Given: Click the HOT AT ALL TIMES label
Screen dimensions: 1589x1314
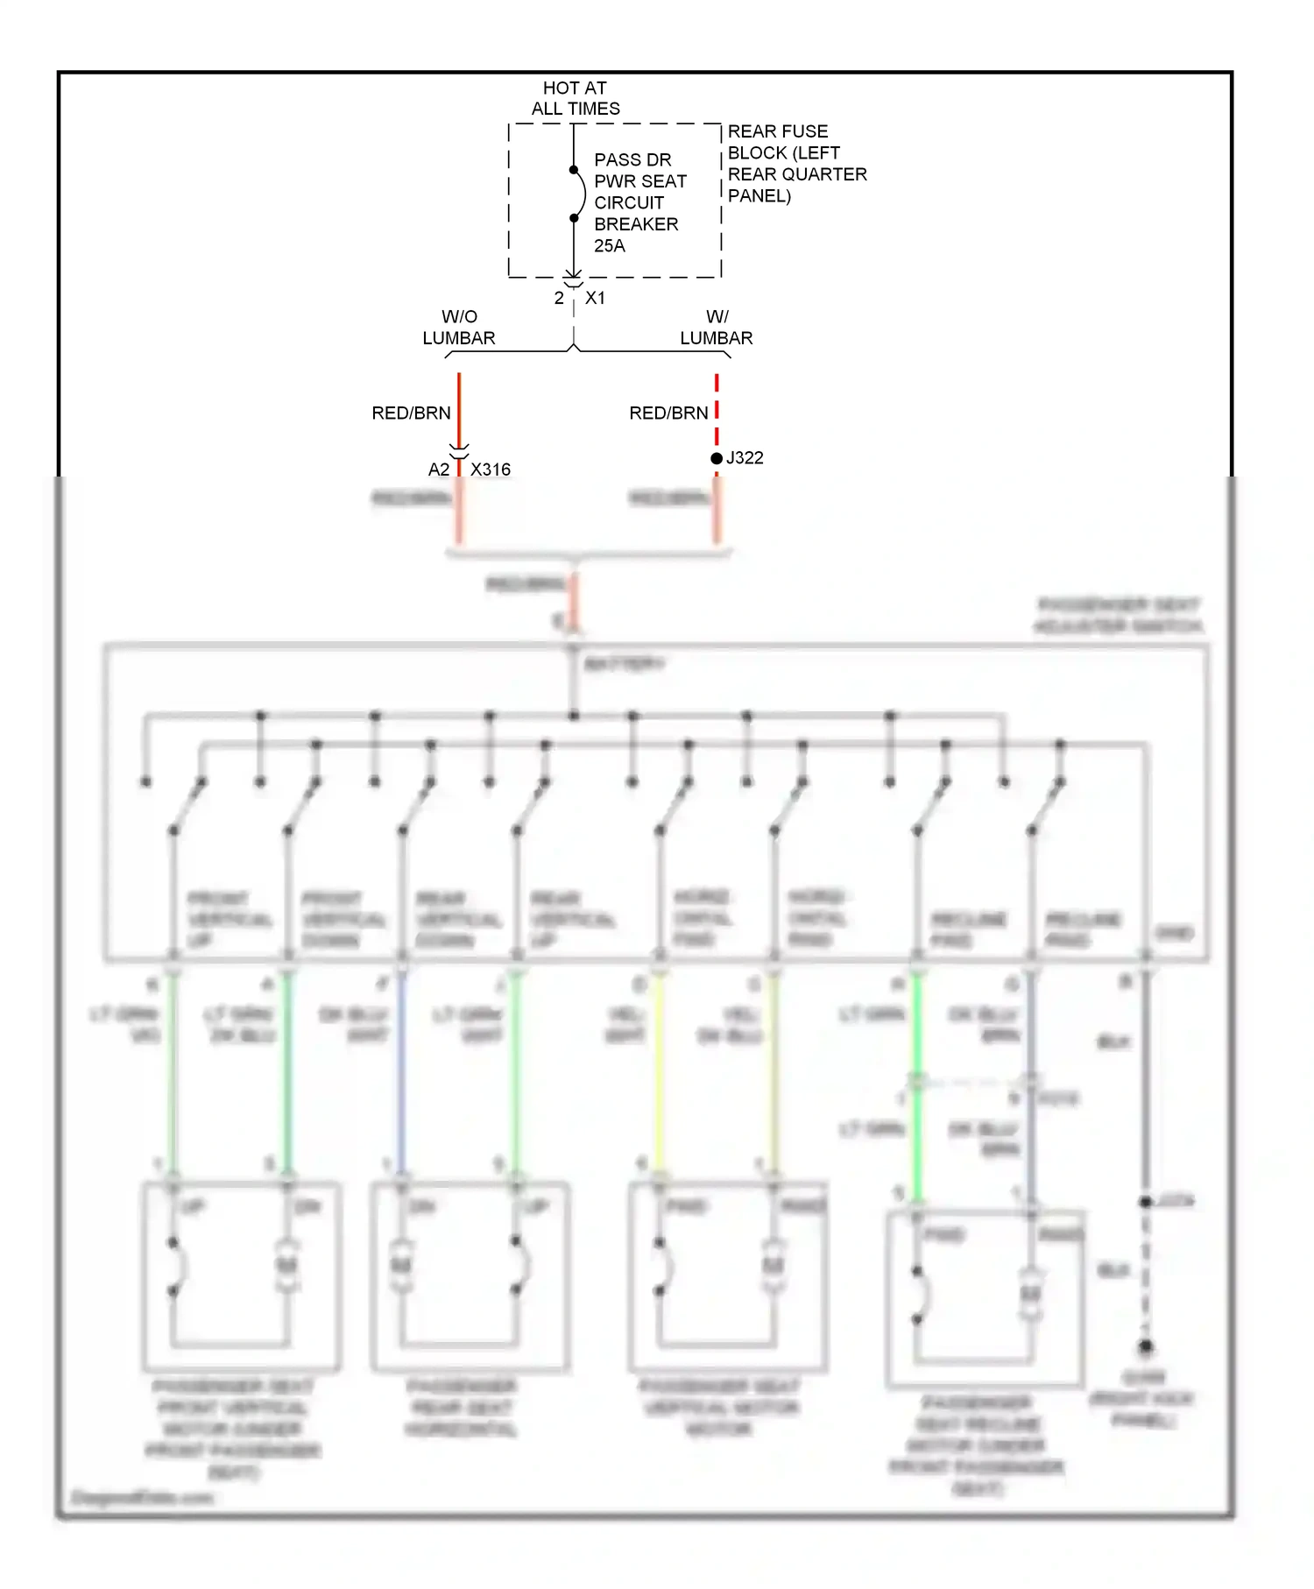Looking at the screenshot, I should tap(575, 98).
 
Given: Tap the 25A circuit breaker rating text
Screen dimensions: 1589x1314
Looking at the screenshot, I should tap(609, 246).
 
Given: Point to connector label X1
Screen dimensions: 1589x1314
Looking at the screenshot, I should tap(595, 298).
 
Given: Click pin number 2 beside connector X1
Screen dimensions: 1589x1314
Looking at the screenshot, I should tap(559, 298).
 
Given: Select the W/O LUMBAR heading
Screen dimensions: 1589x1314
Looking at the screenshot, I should tap(458, 327).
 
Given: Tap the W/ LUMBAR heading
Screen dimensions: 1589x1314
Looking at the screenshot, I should tap(716, 327).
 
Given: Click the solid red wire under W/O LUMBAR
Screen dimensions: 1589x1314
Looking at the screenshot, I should tap(459, 407).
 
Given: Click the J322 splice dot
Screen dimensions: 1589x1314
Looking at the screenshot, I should tap(717, 458).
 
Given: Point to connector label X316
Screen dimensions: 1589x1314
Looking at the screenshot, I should tap(490, 470).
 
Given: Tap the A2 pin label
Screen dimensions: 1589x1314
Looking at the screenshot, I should tap(438, 470).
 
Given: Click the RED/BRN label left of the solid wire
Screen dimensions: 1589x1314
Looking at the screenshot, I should tap(411, 413).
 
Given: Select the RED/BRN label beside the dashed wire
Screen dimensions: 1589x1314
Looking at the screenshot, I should tap(668, 413).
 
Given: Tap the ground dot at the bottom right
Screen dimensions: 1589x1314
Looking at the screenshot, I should tap(1145, 1346).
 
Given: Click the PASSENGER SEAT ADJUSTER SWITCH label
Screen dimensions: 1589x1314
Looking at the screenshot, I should tap(1118, 615).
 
